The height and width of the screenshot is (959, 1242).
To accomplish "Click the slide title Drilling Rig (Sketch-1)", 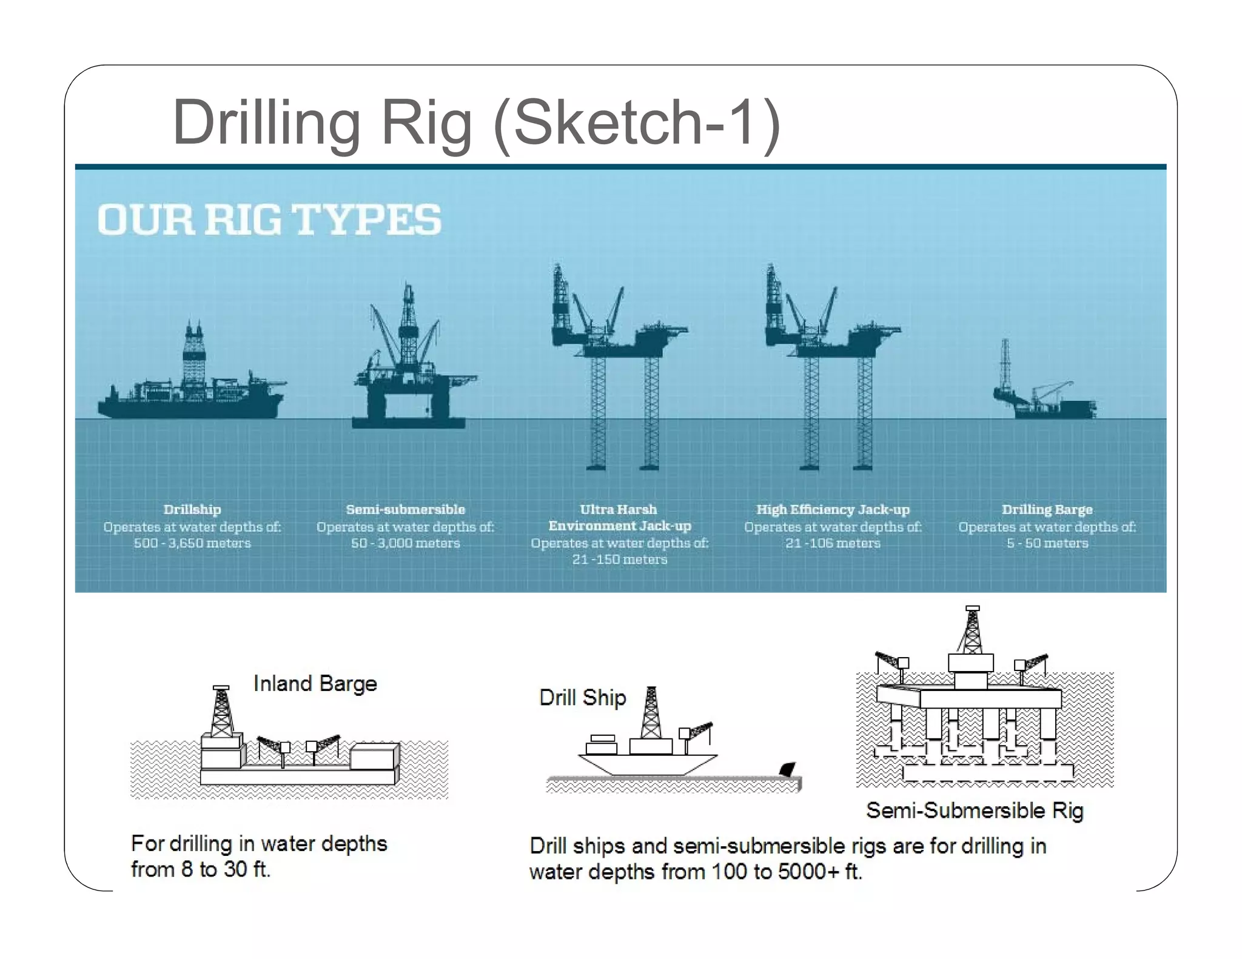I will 476,122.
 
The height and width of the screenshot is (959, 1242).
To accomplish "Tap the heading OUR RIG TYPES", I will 269,220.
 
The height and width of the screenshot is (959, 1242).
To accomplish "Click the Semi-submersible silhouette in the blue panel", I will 409,370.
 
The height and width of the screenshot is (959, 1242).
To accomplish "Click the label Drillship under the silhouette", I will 192,510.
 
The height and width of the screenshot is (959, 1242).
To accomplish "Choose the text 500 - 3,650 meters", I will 192,543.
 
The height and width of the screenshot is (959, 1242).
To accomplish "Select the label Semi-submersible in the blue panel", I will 405,510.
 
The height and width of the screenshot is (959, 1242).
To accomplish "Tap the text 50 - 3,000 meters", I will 405,543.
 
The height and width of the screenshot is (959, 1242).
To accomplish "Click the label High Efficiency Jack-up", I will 833,510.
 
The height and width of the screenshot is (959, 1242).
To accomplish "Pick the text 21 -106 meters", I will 833,543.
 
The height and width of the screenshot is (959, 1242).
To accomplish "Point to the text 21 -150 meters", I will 619,560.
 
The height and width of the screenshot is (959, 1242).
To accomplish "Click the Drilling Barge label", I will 1047,510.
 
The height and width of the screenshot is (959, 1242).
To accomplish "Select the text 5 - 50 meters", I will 1047,543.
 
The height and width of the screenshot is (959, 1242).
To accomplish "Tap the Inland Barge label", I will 315,684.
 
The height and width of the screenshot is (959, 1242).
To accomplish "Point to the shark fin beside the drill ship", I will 787,769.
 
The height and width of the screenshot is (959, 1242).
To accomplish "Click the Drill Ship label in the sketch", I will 582,698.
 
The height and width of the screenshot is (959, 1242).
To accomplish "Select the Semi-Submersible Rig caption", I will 974,810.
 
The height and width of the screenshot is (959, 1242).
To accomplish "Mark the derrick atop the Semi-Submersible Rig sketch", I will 972,630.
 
